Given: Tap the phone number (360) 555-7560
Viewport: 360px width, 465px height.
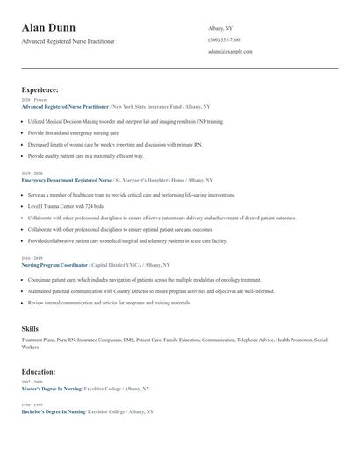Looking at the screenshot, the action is pos(224,39).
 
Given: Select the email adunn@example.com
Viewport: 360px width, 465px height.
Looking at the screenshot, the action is pos(230,52).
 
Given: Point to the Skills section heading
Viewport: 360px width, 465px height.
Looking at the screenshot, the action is pos(30,328).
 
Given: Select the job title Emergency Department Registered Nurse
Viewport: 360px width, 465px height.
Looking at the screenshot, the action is pos(67,178).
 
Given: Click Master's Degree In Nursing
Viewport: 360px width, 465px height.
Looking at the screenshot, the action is pos(51,388).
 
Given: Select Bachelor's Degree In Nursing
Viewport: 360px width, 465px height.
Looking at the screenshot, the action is pos(54,411).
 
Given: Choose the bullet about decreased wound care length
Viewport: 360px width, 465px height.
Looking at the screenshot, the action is pos(114,144).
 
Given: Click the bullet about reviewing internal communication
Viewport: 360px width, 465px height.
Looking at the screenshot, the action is pos(110,303).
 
